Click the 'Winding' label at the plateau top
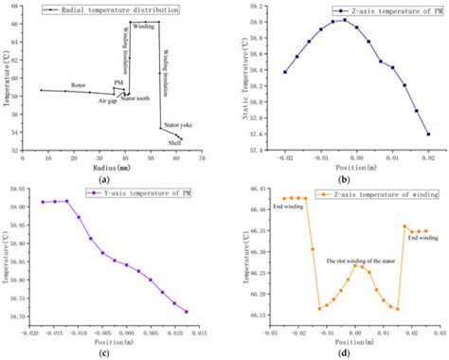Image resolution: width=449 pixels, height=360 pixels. [x=144, y=28]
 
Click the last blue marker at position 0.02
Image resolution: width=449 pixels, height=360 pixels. [x=428, y=134]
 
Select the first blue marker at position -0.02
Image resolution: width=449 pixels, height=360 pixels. [x=285, y=72]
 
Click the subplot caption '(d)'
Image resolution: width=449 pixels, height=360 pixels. [x=345, y=352]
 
